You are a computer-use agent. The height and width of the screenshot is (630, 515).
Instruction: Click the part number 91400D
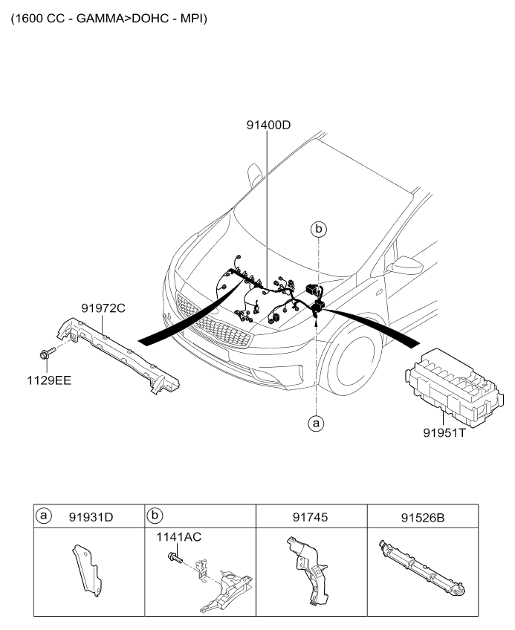[268, 126]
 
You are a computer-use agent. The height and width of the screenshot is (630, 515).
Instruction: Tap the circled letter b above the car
[319, 230]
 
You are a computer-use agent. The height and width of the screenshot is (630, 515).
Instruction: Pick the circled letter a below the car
[317, 423]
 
